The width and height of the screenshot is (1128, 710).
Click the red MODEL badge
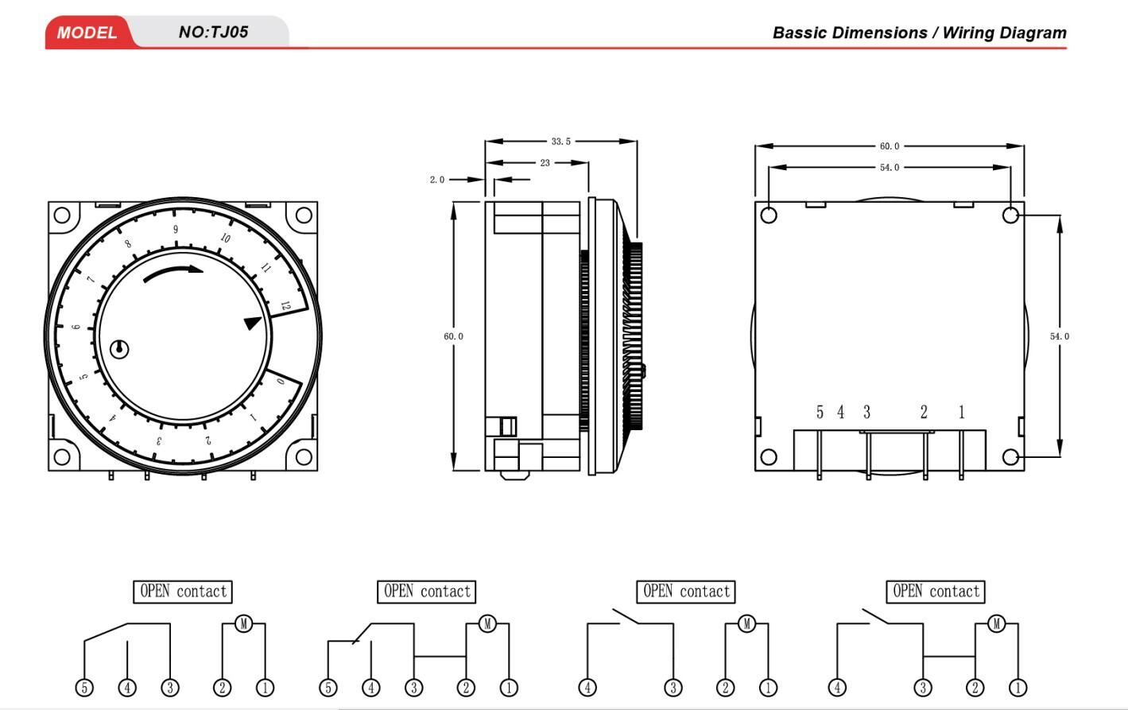click(x=87, y=33)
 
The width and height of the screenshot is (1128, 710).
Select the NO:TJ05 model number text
click(x=213, y=32)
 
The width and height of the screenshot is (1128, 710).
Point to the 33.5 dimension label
click(x=560, y=142)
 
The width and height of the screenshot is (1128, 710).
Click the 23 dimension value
click(x=545, y=163)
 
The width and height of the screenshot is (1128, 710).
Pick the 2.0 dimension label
click(x=437, y=180)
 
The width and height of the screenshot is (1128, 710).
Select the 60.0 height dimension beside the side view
click(x=453, y=336)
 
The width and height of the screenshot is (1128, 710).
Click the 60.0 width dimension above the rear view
click(x=889, y=146)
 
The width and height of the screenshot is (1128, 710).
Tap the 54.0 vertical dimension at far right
click(x=1059, y=336)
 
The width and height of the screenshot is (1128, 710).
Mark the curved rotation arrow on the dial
click(x=173, y=273)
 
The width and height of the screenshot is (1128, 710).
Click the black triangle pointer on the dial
click(x=252, y=324)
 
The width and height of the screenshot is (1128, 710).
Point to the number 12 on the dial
click(x=285, y=305)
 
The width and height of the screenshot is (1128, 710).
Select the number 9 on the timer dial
click(x=176, y=230)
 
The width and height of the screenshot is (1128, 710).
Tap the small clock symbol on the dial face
click(x=119, y=348)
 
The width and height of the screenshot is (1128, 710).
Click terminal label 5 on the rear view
click(x=820, y=412)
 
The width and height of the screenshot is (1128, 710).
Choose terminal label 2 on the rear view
click(x=924, y=412)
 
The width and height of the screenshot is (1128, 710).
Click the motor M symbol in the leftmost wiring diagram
click(x=244, y=623)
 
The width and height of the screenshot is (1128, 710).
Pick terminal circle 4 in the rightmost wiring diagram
click(x=837, y=688)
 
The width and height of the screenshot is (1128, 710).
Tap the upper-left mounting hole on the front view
click(x=62, y=215)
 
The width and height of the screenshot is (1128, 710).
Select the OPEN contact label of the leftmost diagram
click(x=183, y=592)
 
